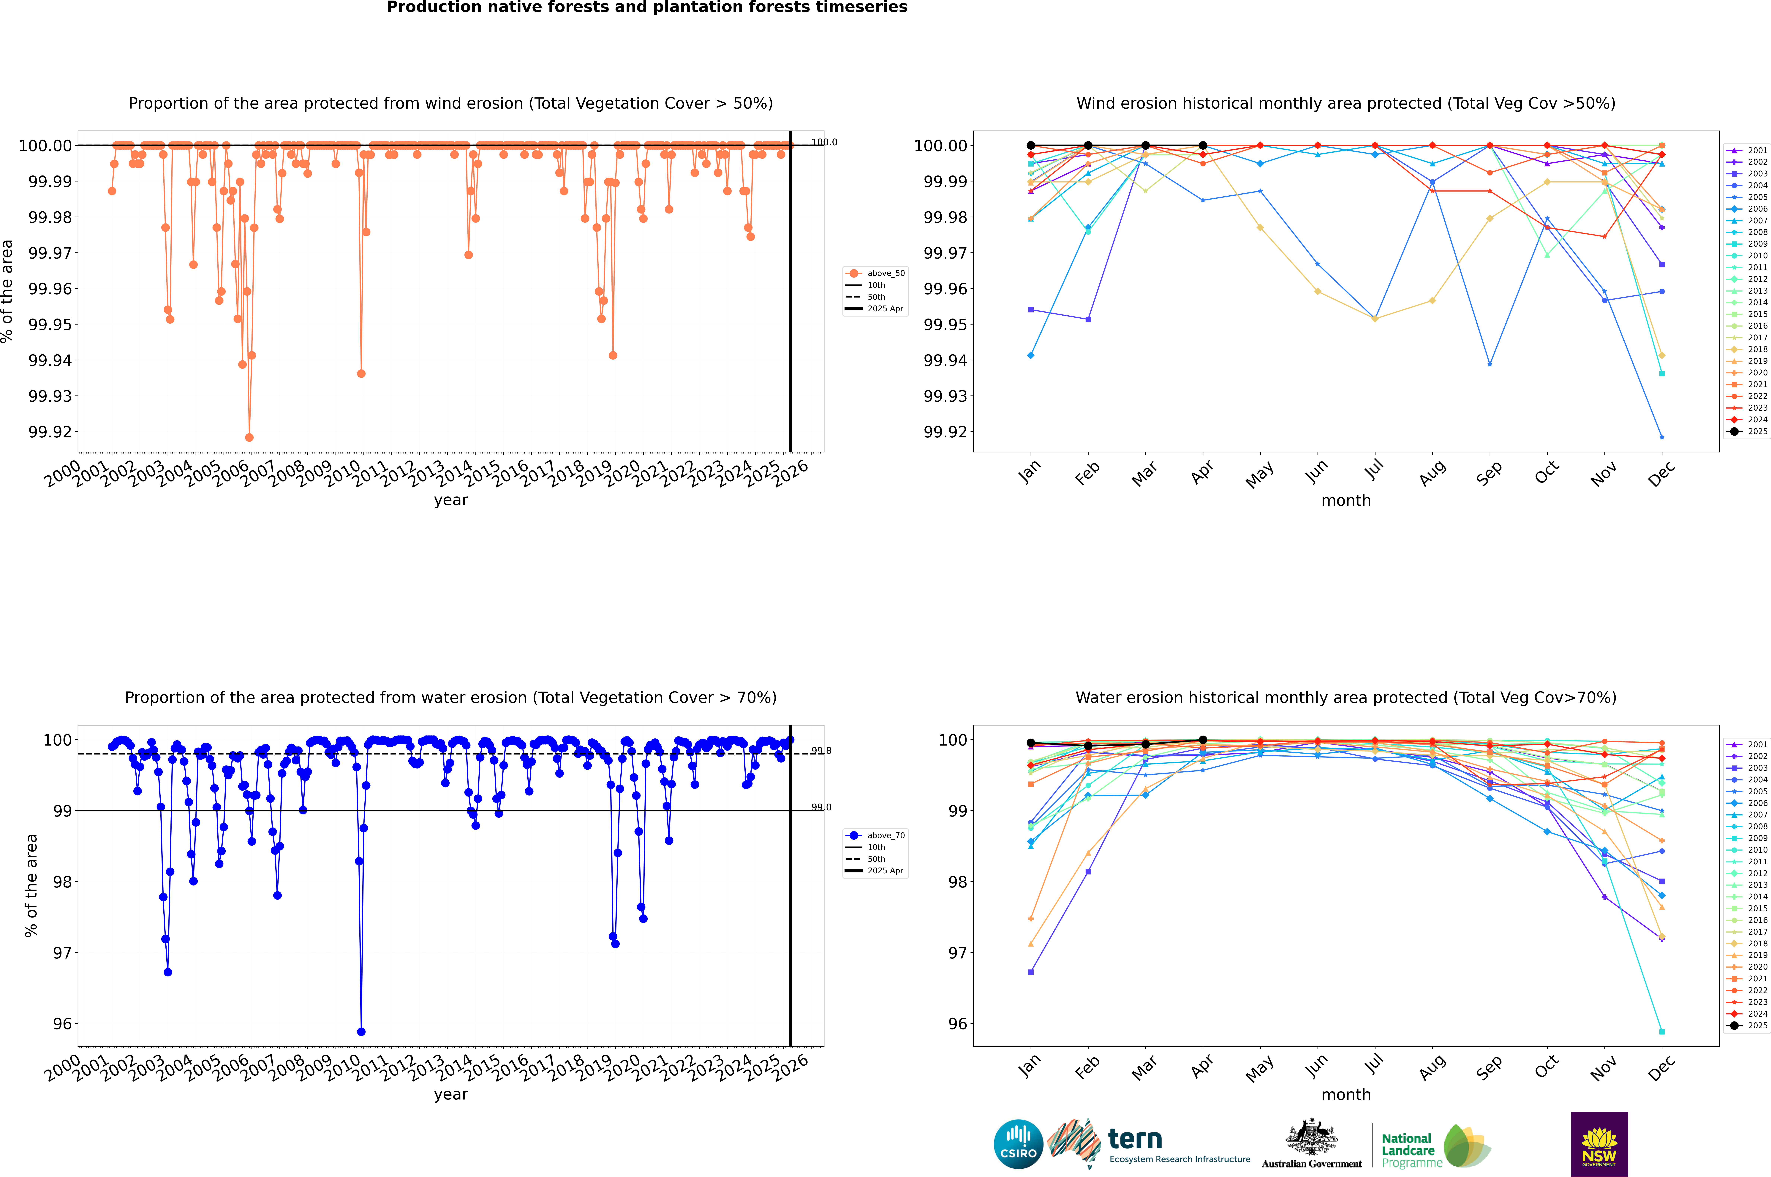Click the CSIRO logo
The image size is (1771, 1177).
point(1018,1144)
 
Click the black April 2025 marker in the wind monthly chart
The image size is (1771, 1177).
point(1203,146)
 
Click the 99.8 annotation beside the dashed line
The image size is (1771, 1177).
point(820,751)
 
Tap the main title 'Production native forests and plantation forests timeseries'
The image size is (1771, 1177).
point(646,7)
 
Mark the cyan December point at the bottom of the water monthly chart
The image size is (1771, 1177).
point(1661,1031)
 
